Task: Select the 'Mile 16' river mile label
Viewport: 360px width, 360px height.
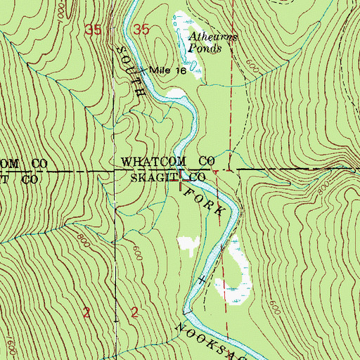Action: coord(155,71)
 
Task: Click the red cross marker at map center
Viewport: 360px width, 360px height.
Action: coord(185,180)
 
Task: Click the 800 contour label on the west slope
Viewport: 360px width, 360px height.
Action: coord(85,238)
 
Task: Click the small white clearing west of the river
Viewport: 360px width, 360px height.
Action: coord(187,243)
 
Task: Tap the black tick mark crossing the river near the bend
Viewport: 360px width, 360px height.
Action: coord(202,280)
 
